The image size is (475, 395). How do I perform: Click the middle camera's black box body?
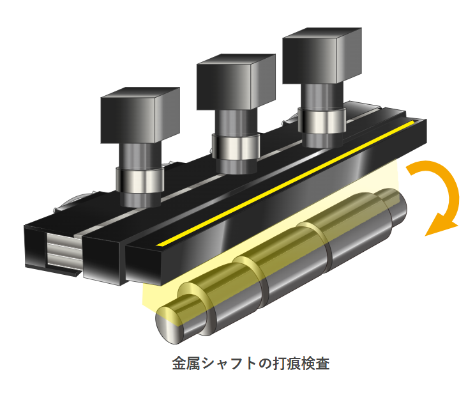[228, 83]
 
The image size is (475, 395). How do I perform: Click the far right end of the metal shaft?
[398, 211]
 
